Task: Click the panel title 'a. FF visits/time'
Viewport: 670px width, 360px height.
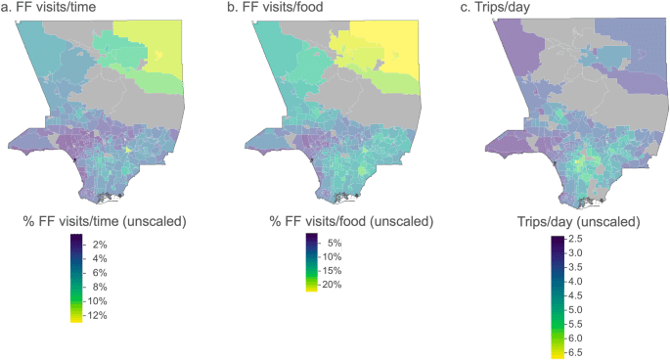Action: [45, 9]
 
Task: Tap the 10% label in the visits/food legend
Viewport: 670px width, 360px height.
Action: [330, 256]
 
